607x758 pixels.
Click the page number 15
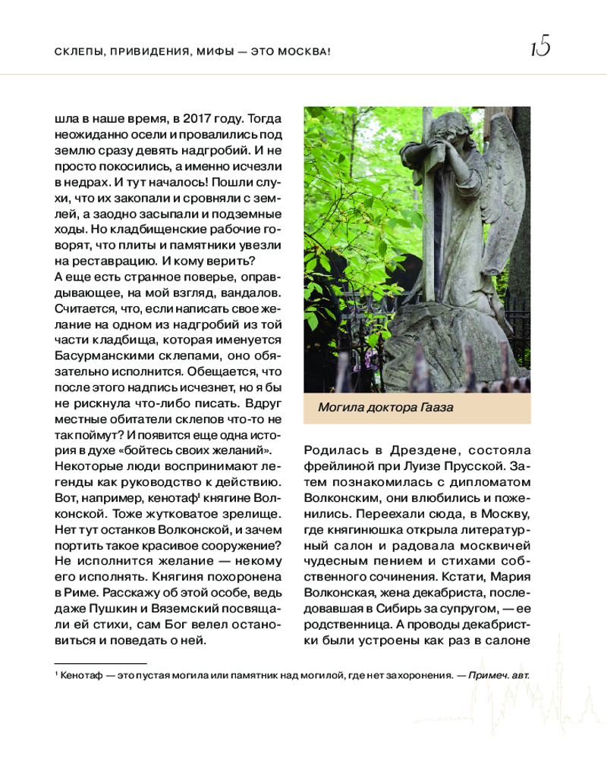pos(540,49)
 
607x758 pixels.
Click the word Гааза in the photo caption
pos(436,409)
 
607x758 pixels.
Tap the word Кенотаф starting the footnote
pos(82,674)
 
